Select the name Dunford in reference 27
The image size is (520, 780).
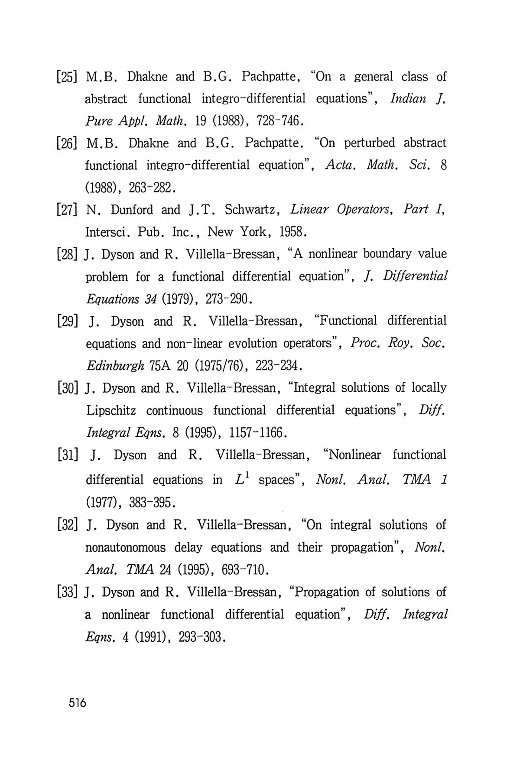[133, 210]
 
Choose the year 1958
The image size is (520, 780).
[293, 233]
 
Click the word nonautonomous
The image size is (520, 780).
[126, 548]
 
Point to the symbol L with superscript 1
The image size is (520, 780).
[241, 479]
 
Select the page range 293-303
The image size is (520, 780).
[201, 637]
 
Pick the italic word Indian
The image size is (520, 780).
[408, 99]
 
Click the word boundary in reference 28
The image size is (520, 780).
[387, 253]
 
